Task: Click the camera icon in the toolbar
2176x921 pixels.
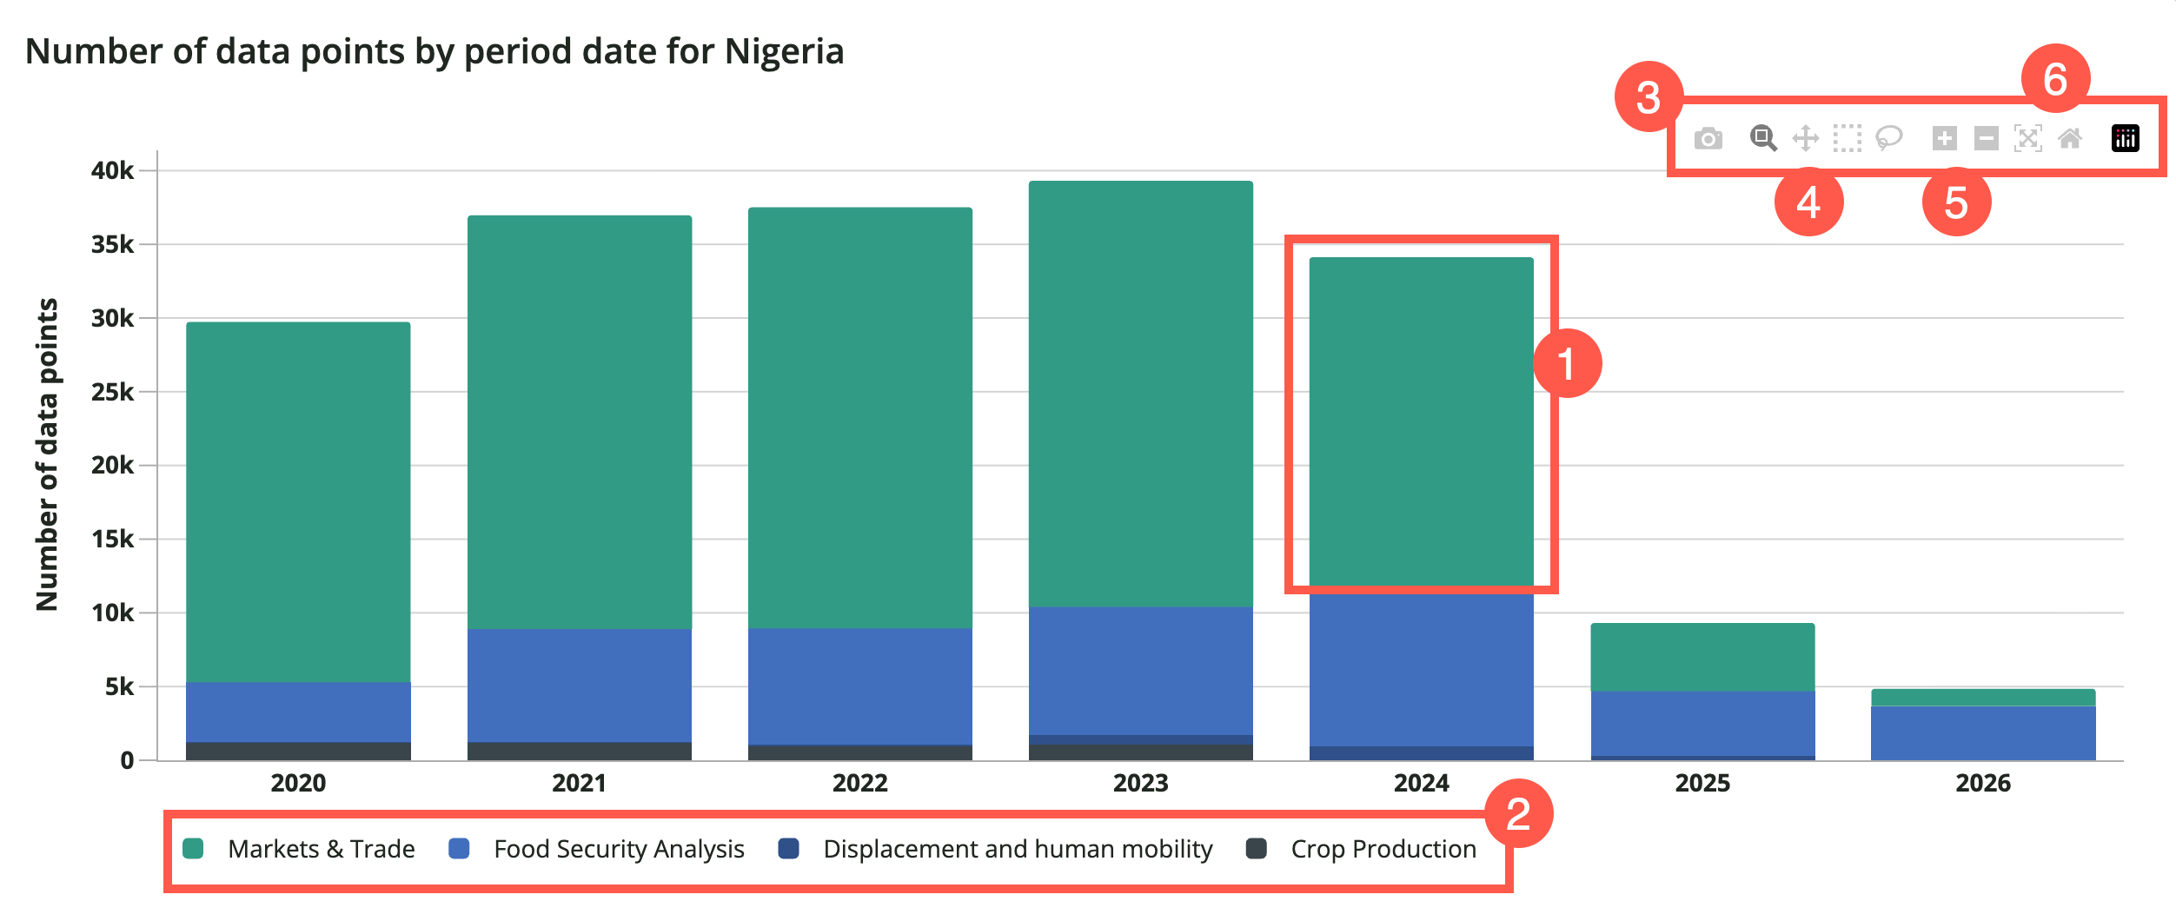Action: click(1708, 139)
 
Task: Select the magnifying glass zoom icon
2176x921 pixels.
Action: click(1762, 138)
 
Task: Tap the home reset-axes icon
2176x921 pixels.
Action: click(2070, 138)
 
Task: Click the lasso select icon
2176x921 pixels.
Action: click(1888, 138)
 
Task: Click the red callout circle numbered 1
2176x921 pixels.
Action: click(1567, 363)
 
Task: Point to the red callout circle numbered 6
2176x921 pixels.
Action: click(2055, 79)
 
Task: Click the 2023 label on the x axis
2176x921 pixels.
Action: click(1140, 784)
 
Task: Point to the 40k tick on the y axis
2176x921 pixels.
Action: click(113, 171)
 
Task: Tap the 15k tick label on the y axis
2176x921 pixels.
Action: click(113, 540)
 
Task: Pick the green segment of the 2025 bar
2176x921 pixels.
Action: click(1702, 657)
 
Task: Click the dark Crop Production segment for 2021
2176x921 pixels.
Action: click(579, 752)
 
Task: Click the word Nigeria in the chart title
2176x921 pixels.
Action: click(784, 51)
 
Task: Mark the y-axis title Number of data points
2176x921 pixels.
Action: click(47, 454)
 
